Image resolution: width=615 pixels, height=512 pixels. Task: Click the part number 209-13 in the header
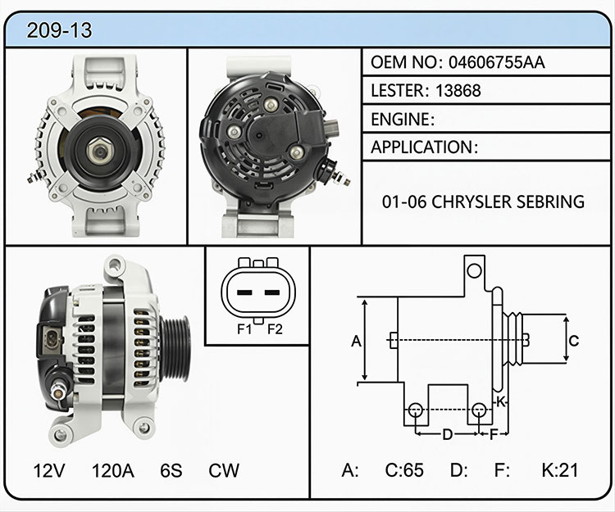click(59, 30)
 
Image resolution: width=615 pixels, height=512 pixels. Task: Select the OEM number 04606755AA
click(497, 62)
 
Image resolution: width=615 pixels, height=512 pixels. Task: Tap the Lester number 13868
click(458, 90)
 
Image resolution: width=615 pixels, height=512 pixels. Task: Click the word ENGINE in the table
click(400, 119)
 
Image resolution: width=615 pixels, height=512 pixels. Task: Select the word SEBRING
click(550, 202)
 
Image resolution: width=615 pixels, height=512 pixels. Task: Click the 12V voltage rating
click(49, 470)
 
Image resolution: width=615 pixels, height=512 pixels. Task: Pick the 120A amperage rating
click(113, 470)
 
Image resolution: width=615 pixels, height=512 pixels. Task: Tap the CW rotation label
click(224, 470)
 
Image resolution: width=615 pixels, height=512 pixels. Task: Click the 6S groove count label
click(171, 470)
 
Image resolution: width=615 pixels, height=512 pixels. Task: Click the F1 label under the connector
click(244, 329)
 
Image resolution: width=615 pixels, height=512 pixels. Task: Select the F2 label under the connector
click(275, 329)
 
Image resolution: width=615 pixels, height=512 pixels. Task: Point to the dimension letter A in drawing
click(356, 342)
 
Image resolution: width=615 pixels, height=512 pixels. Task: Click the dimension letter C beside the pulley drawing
click(573, 341)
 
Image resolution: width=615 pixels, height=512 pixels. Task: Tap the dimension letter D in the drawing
click(448, 434)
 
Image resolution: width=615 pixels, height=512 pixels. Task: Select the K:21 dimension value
click(560, 470)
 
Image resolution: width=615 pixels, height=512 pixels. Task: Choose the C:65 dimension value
click(404, 470)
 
